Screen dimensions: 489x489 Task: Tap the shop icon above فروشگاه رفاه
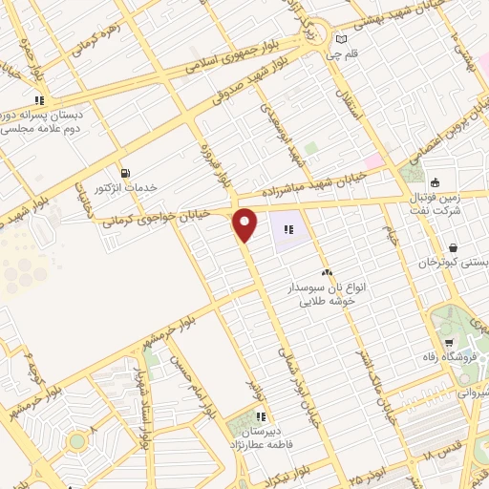click(449, 343)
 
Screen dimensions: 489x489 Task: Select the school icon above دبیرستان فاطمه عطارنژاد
click(262, 415)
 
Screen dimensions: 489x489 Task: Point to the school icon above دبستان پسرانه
click(39, 99)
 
